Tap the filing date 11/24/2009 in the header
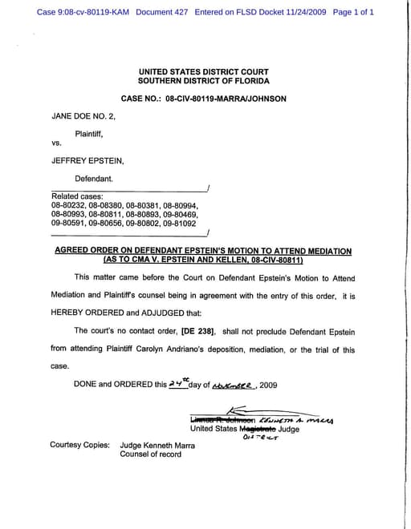[298, 13]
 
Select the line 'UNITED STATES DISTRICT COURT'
[204, 72]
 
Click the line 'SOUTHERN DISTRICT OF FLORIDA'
[204, 82]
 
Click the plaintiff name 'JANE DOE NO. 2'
[83, 115]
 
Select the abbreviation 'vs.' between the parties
[57, 143]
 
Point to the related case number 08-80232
[68, 205]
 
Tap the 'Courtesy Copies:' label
[79, 444]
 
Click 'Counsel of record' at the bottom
[151, 454]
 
